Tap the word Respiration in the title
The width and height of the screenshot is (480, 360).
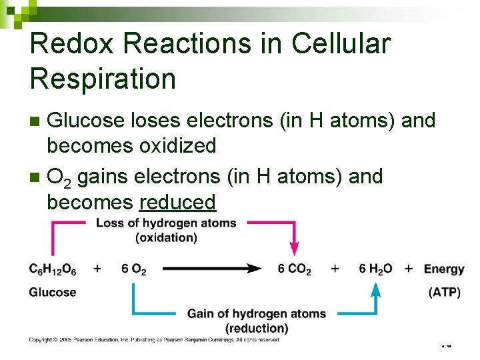[x=103, y=79]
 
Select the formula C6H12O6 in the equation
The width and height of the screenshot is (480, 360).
[x=53, y=269]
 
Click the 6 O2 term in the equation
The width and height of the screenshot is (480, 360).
[x=133, y=269]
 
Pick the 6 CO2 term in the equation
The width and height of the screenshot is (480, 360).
[x=295, y=269]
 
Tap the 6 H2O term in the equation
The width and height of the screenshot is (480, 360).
[x=375, y=269]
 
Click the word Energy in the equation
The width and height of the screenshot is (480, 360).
[x=444, y=269]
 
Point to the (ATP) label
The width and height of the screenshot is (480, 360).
[x=444, y=292]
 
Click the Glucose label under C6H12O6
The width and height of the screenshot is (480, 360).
[x=53, y=292]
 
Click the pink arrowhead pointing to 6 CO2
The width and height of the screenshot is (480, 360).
[x=295, y=249]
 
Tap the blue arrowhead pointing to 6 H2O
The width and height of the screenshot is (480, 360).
[x=376, y=290]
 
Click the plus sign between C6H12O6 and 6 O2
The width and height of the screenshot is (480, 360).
[x=97, y=269]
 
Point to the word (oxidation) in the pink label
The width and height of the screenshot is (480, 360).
[x=166, y=237]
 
